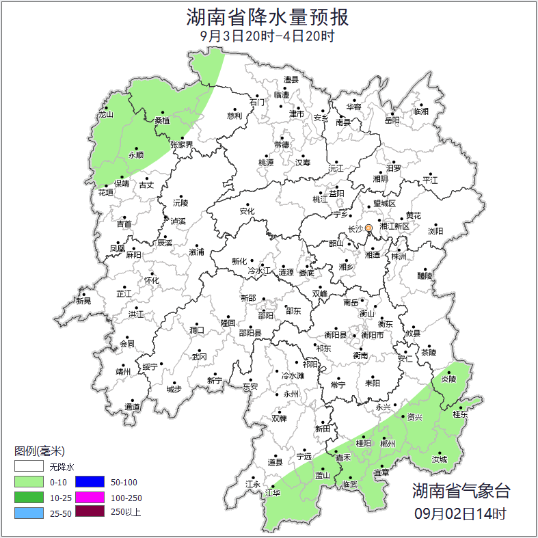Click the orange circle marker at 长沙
368,228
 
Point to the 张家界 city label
181,145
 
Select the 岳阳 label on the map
392,121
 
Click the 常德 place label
281,145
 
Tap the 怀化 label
151,280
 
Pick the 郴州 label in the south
388,444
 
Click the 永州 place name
291,394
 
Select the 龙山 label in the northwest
105,115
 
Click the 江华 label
273,492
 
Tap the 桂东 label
461,415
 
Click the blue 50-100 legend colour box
89,483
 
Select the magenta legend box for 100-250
89,497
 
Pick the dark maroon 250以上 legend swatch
89,511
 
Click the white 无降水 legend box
28,468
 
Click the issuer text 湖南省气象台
461,491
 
